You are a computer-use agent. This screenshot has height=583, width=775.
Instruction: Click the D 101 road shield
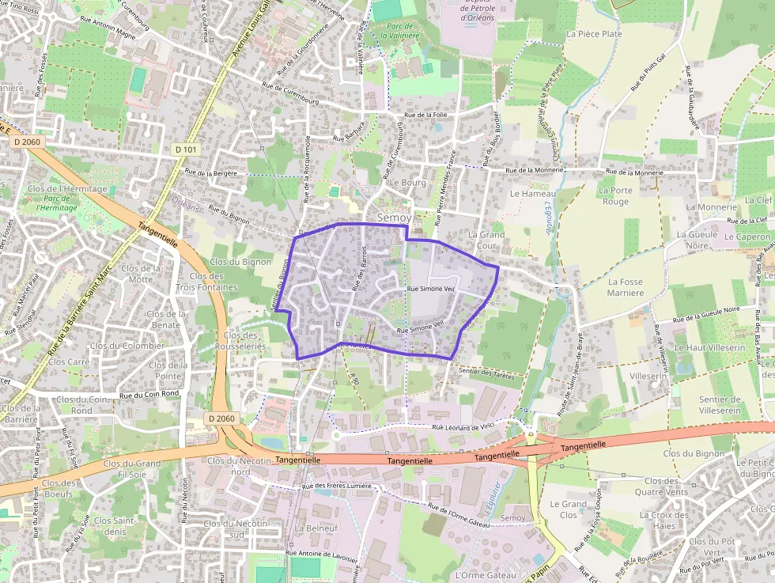click(x=186, y=150)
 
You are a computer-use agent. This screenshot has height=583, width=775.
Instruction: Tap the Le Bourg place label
click(x=408, y=183)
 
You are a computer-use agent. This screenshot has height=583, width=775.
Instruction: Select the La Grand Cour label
click(x=486, y=240)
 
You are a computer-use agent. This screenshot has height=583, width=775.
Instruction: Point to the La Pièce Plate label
click(x=595, y=34)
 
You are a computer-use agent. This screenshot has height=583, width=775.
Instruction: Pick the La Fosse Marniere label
click(x=626, y=287)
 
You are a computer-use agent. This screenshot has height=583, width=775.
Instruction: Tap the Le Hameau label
click(x=533, y=193)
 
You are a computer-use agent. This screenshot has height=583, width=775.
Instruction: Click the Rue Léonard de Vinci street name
click(x=463, y=426)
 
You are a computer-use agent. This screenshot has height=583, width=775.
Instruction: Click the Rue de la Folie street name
click(x=426, y=115)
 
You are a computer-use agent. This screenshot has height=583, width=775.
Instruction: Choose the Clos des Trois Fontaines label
click(x=206, y=282)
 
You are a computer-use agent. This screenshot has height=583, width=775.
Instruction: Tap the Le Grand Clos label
click(x=569, y=509)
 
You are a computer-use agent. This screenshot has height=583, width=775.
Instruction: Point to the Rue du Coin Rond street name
click(x=150, y=394)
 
